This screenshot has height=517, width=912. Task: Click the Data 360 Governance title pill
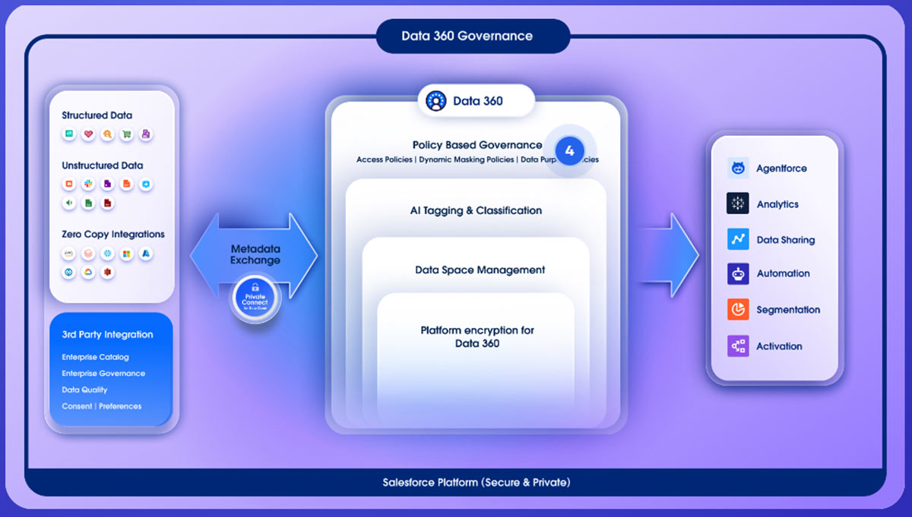click(x=467, y=36)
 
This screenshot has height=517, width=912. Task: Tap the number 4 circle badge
click(x=569, y=150)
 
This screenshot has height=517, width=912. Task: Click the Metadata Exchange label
click(x=255, y=254)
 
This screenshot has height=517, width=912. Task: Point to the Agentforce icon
click(x=737, y=169)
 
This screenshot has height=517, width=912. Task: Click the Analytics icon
click(x=737, y=203)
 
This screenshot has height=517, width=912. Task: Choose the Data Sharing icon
click(x=737, y=239)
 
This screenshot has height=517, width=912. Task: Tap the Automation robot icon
click(x=737, y=273)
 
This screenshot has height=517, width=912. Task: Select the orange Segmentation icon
click(x=737, y=310)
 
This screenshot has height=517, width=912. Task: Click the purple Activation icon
click(x=737, y=346)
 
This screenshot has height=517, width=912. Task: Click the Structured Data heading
click(x=97, y=115)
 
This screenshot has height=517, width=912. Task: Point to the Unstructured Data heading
click(x=102, y=166)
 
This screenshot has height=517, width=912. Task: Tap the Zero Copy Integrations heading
click(x=113, y=234)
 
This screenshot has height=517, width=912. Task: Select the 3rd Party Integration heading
click(x=107, y=335)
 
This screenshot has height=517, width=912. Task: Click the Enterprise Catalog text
click(x=95, y=357)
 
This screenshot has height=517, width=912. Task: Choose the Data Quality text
click(x=84, y=389)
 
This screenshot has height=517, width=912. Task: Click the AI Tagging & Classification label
click(x=476, y=210)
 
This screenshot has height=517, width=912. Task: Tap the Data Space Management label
click(x=480, y=270)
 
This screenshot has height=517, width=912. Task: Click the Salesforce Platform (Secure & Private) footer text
click(x=476, y=482)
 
